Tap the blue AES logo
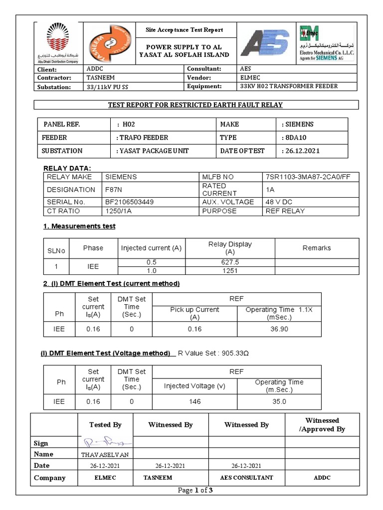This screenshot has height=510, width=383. coord(264,43)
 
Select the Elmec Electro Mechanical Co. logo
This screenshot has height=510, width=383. coord(327,43)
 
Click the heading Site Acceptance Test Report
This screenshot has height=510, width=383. coord(184,30)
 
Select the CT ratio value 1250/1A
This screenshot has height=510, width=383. coord(119,211)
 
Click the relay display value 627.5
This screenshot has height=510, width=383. coord(230,262)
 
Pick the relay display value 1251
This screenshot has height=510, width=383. coord(230,271)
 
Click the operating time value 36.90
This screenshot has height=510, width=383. coord(279,329)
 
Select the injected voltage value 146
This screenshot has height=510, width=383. coord(194,401)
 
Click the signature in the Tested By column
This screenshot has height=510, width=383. coord(105,442)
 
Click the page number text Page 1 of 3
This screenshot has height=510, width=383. coord(195,491)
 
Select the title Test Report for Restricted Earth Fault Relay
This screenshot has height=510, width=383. coord(196,105)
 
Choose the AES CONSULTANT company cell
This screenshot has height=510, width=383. coord(246,478)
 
